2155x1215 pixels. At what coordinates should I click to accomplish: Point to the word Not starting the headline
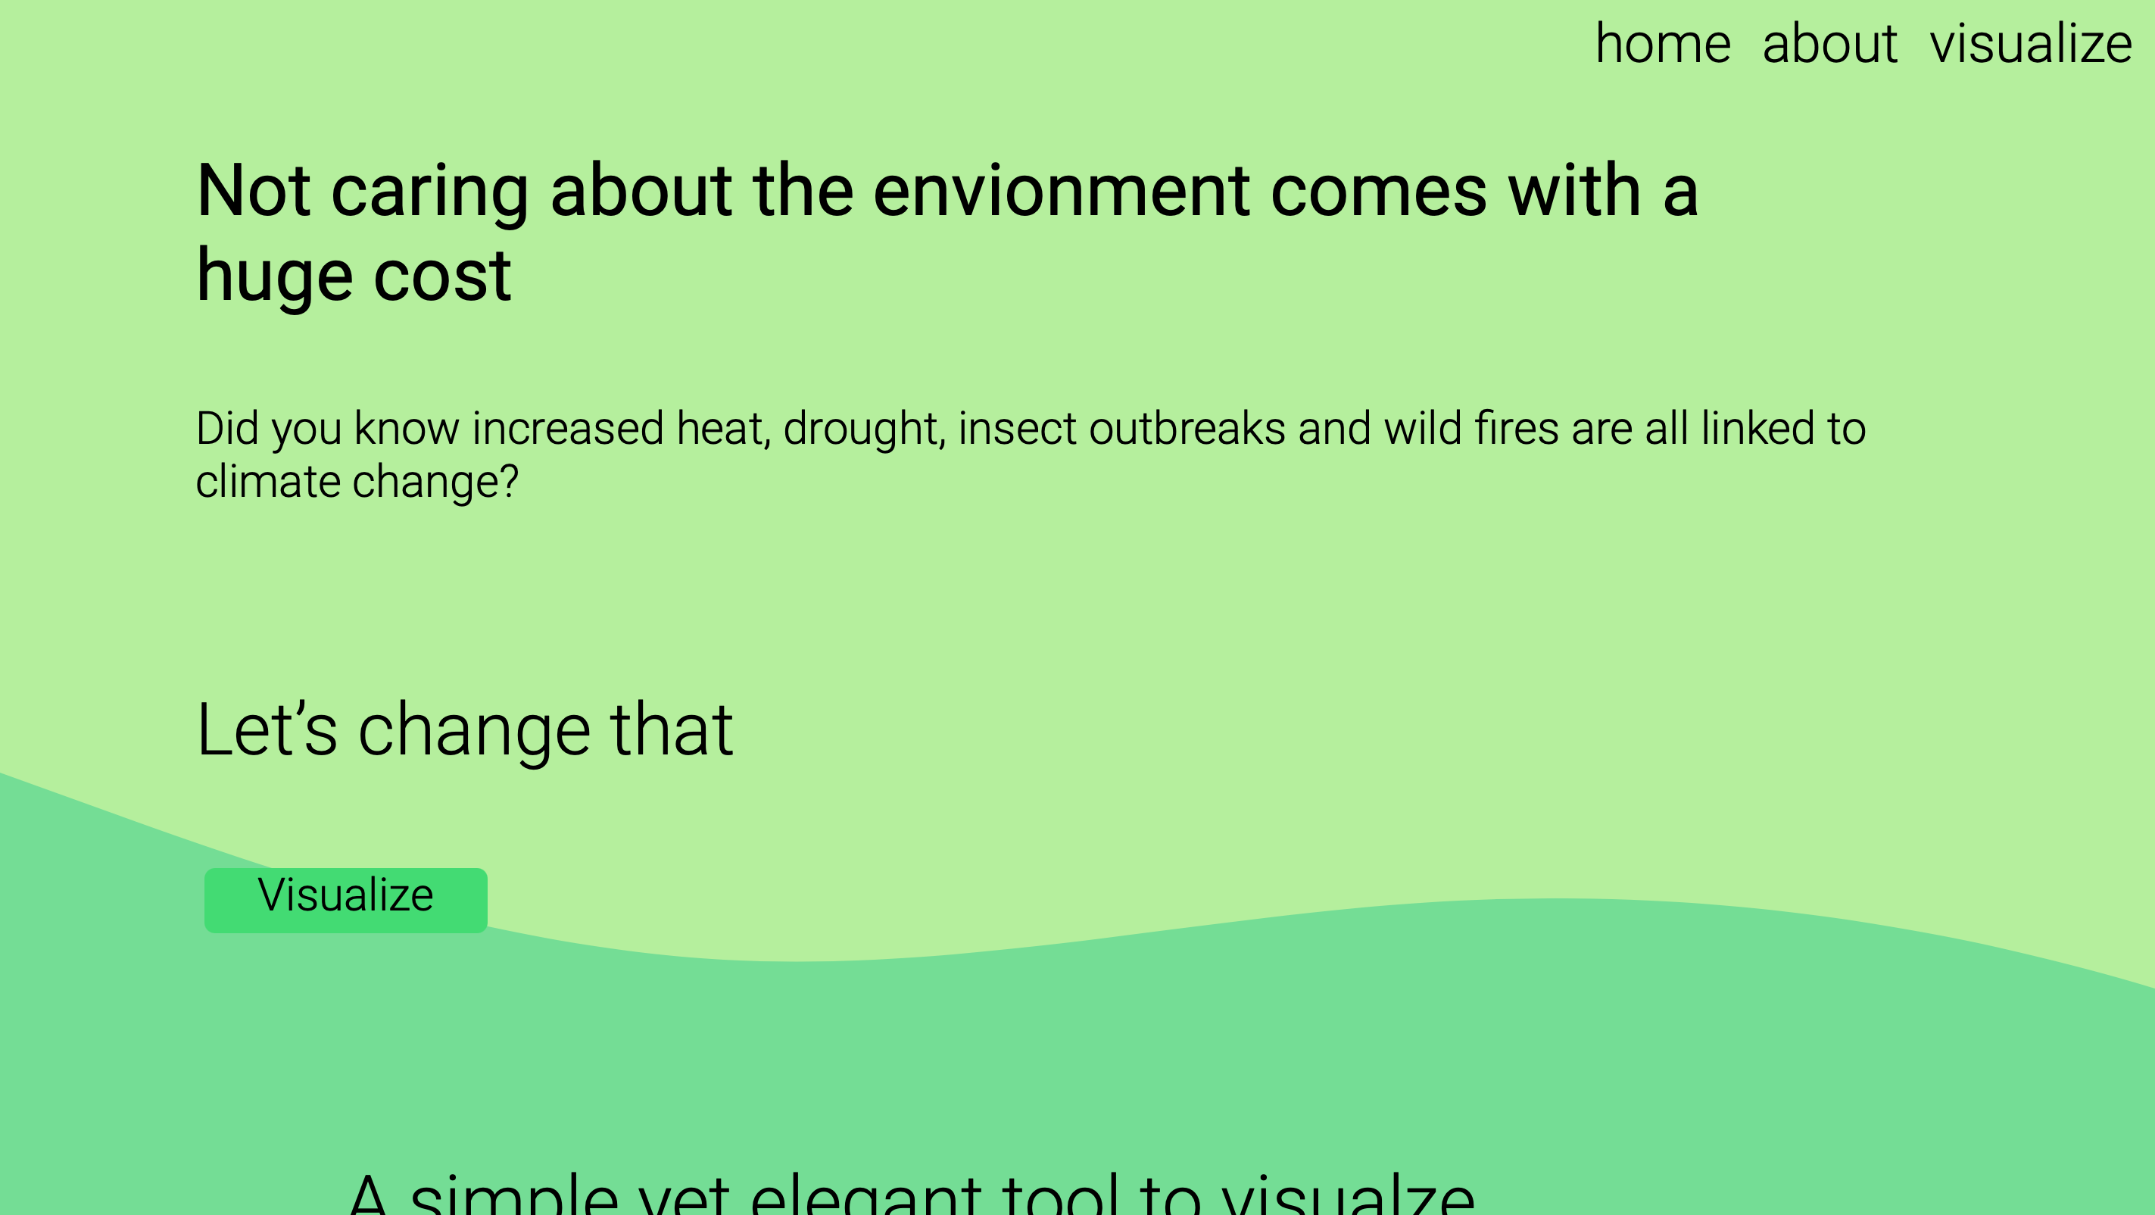click(253, 192)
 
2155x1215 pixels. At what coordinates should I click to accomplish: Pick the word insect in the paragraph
click(1016, 429)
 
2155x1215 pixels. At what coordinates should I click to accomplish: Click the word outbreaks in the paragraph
click(1187, 429)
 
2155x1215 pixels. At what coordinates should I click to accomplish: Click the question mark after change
click(509, 482)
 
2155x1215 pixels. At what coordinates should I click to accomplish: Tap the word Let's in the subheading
click(266, 729)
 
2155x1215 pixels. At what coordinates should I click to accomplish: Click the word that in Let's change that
click(671, 729)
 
